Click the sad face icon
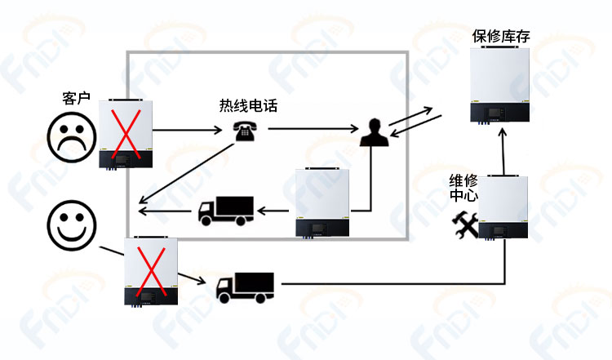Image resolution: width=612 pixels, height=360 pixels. point(71,136)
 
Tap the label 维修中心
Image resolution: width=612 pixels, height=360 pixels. point(463,189)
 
